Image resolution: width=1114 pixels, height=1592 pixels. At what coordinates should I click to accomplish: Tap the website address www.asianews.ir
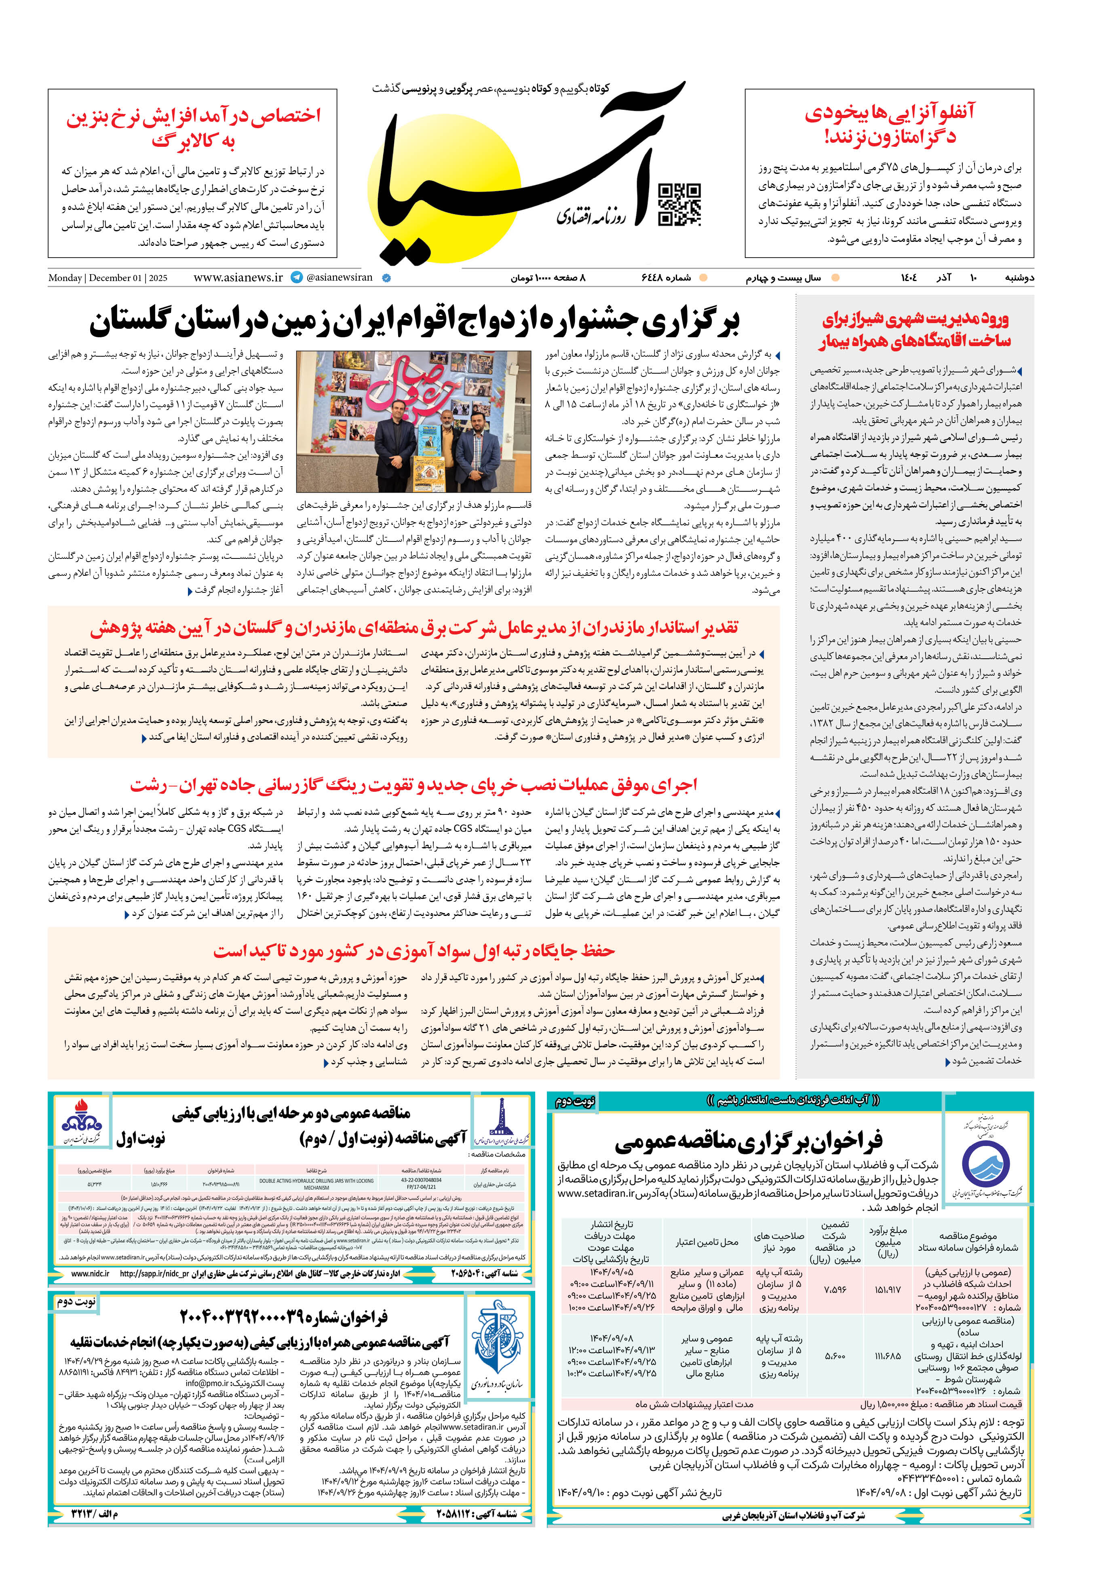(x=238, y=277)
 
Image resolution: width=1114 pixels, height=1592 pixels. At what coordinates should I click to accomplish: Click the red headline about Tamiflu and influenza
(x=889, y=123)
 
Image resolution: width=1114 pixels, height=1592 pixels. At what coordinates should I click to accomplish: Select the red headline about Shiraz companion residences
(x=915, y=330)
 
